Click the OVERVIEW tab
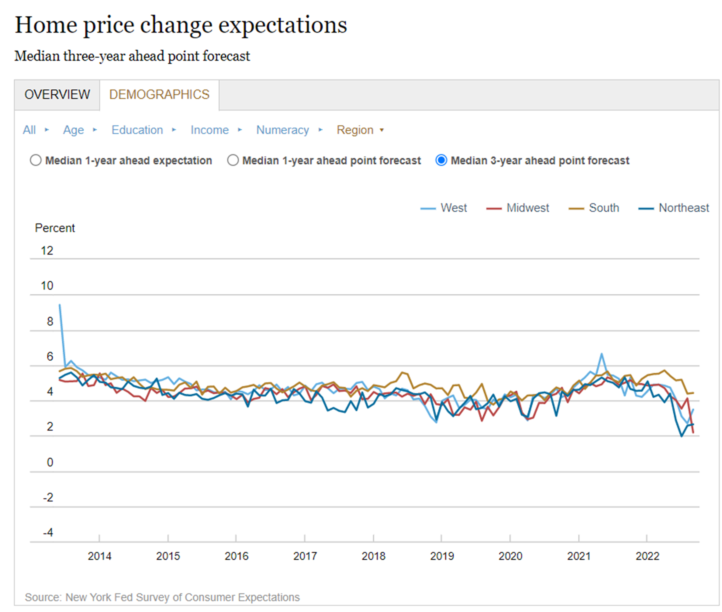point(57,95)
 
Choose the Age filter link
point(73,130)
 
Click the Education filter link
point(137,130)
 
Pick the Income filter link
point(210,130)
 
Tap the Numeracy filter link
point(282,130)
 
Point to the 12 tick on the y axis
point(47,250)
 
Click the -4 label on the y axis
point(48,533)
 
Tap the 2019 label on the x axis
point(442,556)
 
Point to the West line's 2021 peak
point(602,354)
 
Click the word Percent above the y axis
point(55,228)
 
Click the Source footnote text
point(162,597)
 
